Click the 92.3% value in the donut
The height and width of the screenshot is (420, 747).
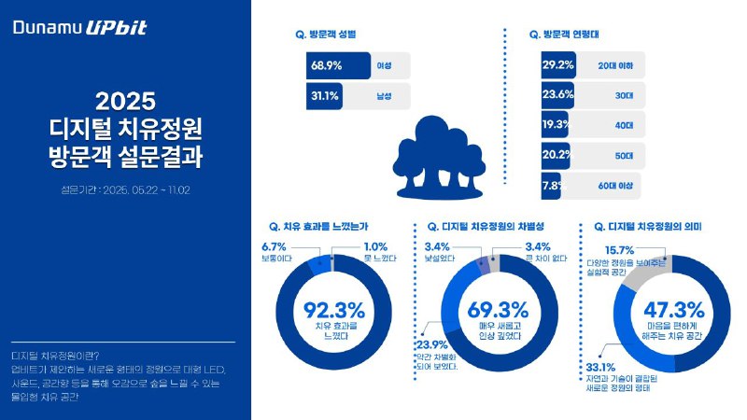pos(333,310)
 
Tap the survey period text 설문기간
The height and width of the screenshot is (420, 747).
pos(126,190)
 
